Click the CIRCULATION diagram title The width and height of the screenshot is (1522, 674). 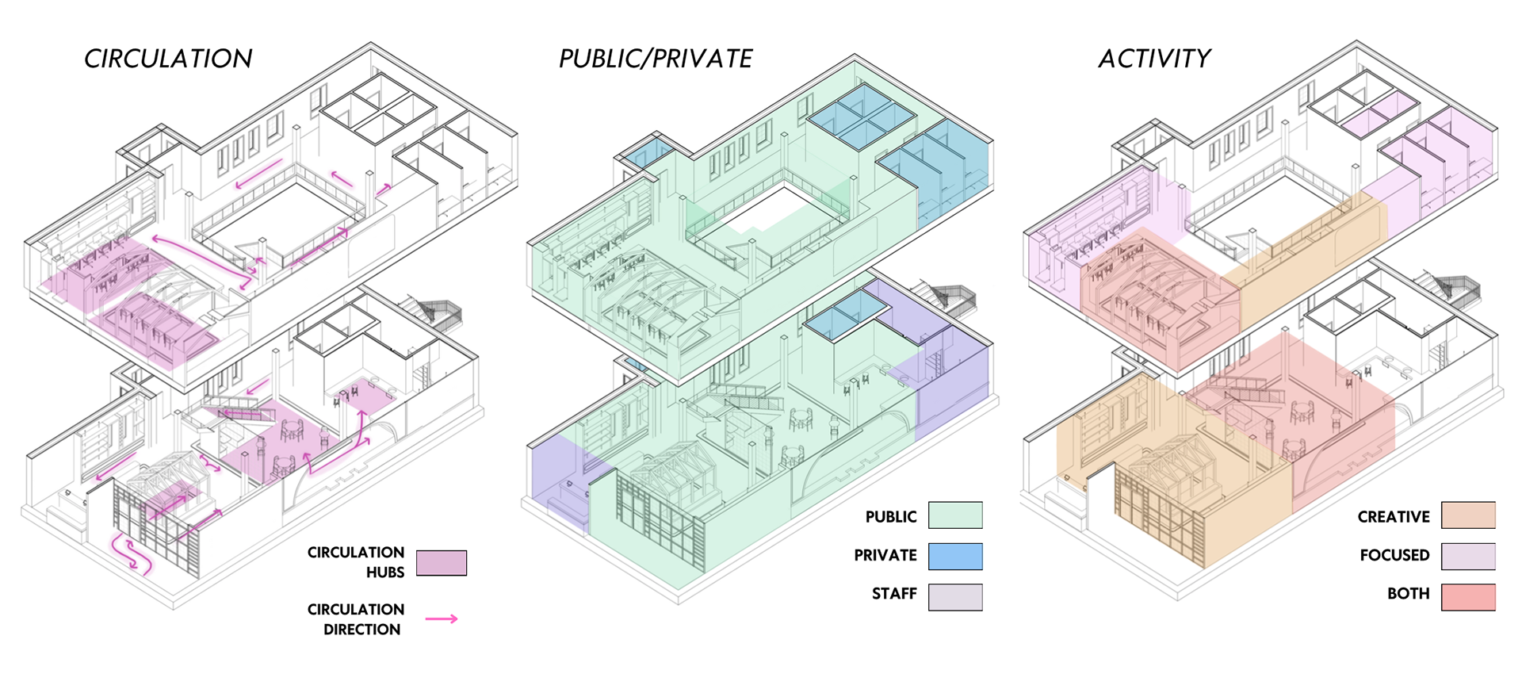tap(168, 59)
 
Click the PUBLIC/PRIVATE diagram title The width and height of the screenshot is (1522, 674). tap(656, 59)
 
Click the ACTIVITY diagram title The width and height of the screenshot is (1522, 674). tap(1154, 59)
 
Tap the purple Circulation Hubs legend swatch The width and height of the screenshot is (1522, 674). tap(442, 563)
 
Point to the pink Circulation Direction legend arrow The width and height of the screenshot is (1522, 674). tap(442, 618)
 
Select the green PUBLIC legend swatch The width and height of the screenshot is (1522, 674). tap(955, 515)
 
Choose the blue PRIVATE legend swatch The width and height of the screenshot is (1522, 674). tap(955, 556)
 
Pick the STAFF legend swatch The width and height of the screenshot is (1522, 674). tap(955, 597)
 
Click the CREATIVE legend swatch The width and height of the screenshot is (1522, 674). tap(1468, 515)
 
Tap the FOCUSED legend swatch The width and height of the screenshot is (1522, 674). tap(1468, 556)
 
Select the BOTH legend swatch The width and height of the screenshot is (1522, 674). tap(1468, 597)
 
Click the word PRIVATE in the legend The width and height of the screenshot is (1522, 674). tap(885, 556)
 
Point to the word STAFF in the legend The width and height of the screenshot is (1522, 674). tap(894, 594)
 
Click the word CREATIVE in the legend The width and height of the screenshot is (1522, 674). tap(1394, 517)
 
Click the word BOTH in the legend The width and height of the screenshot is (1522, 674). tap(1408, 594)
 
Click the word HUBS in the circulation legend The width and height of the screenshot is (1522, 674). tap(385, 573)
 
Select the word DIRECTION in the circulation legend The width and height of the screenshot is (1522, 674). tap(361, 630)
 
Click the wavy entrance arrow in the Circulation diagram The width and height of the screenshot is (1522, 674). tap(130, 553)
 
